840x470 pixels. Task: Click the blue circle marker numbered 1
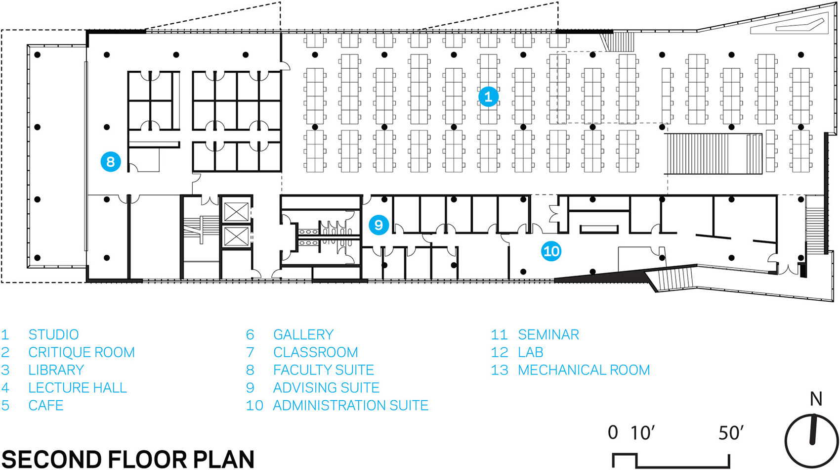click(488, 96)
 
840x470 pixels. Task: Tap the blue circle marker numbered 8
click(110, 161)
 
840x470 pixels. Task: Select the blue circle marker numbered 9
click(378, 225)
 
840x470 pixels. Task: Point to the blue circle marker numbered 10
click(551, 251)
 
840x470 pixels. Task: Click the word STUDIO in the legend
click(53, 335)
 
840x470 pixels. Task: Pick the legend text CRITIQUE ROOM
click(82, 353)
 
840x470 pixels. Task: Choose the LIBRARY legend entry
click(56, 370)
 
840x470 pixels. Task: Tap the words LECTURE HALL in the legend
click(78, 388)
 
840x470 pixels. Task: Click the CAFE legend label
click(45, 406)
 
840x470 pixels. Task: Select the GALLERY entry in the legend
click(303, 335)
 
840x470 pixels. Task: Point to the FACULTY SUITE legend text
click(324, 370)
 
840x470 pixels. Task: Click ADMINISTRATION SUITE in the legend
click(350, 406)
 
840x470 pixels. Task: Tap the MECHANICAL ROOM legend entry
click(584, 370)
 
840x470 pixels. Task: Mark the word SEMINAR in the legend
click(548, 335)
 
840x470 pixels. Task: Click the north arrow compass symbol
click(812, 440)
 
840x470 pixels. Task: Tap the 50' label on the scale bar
click(731, 433)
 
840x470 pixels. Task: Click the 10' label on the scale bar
click(642, 433)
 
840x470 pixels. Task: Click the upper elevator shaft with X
click(236, 212)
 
